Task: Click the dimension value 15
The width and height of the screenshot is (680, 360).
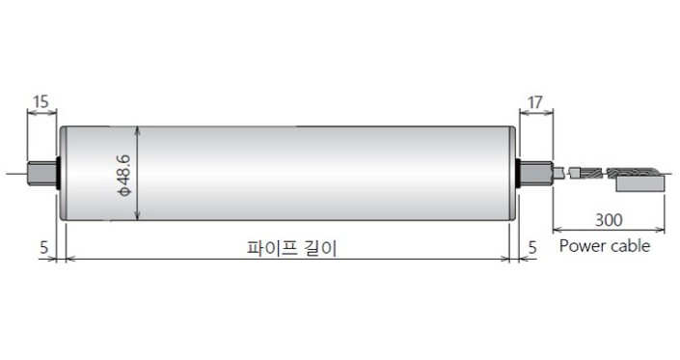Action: (41, 100)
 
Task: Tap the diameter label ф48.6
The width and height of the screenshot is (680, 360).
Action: (123, 174)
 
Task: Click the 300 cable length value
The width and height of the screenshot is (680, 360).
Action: (609, 217)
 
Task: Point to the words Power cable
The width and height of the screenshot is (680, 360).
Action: (605, 246)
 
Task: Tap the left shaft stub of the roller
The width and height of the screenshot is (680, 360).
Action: (41, 174)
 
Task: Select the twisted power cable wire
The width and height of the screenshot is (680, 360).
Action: (585, 174)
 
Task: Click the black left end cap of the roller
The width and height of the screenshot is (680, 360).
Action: (59, 174)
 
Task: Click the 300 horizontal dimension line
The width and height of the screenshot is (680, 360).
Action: (609, 230)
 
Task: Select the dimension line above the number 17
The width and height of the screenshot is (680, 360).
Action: (536, 113)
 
